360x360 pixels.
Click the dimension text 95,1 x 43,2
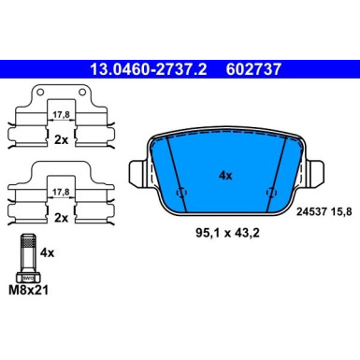(x=225, y=223)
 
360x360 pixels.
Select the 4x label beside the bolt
(x=48, y=252)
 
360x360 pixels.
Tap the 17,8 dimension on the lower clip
(x=62, y=191)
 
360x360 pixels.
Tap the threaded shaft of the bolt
(x=26, y=251)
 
